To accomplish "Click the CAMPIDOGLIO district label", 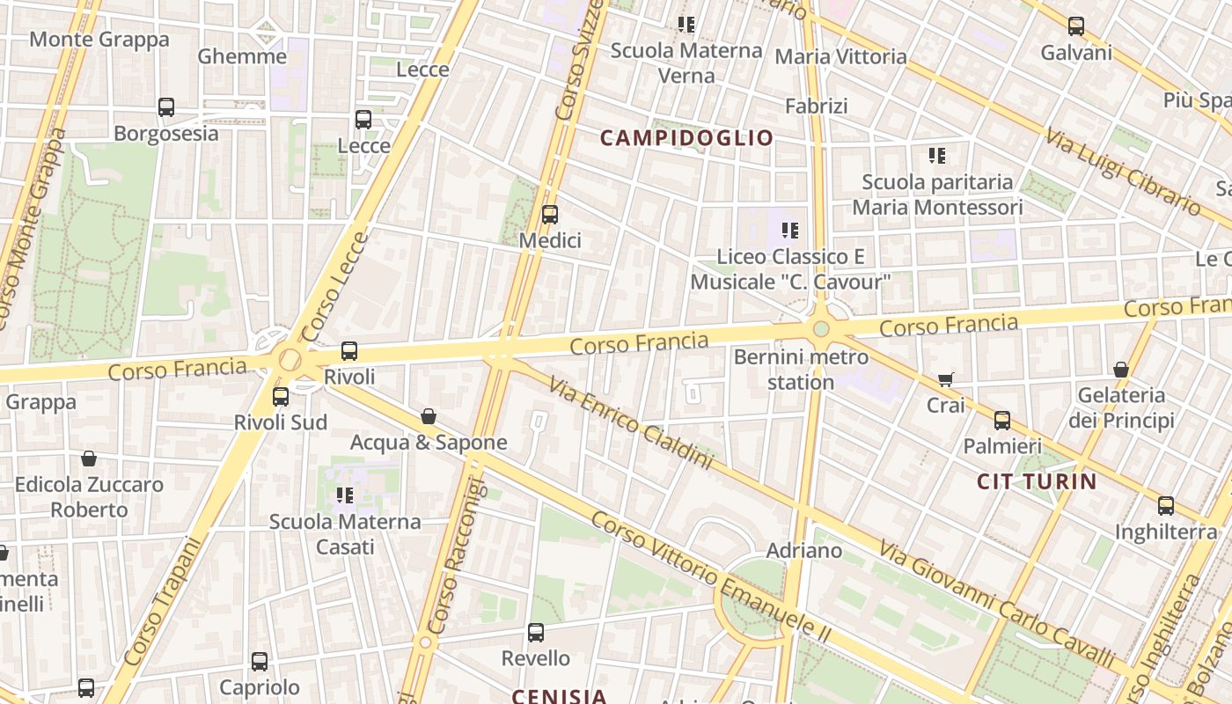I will tap(686, 138).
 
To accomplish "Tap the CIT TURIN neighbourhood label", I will tap(1037, 481).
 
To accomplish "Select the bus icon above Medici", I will tap(550, 214).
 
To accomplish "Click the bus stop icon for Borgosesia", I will tap(166, 107).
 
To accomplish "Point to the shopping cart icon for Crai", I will tap(946, 379).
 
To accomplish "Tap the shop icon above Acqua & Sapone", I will tap(429, 415).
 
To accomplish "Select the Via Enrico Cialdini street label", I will tap(628, 422).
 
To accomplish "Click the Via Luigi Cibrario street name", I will tap(1121, 172).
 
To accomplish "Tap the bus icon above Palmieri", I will tap(1002, 420).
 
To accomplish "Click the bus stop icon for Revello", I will tap(535, 632).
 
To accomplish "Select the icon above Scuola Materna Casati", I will tap(344, 495).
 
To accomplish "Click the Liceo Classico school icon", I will tap(790, 231).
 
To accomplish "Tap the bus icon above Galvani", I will tap(1076, 26).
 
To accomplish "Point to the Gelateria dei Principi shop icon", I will tap(1121, 370).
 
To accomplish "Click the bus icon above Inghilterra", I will tap(1166, 505).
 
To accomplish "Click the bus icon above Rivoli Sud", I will tap(281, 397).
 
